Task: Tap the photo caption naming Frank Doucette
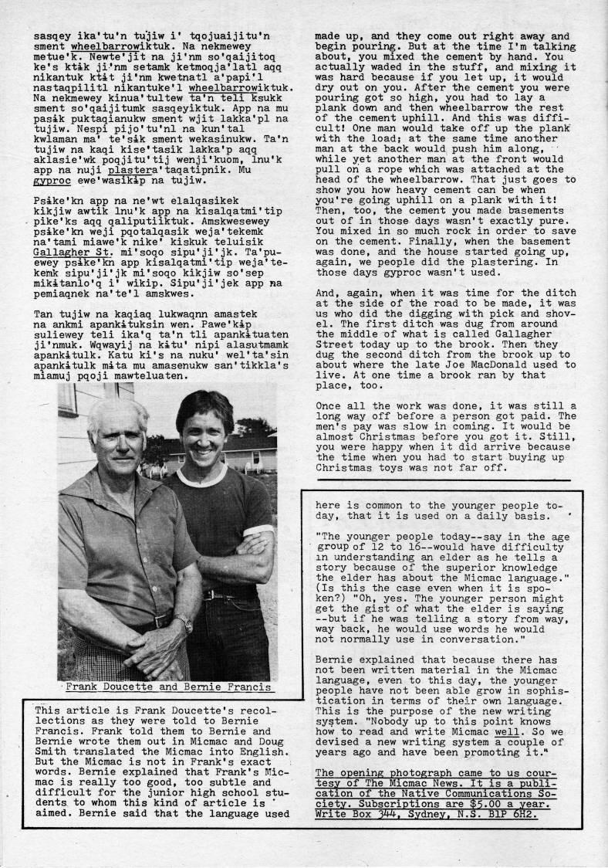pyautogui.click(x=167, y=687)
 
